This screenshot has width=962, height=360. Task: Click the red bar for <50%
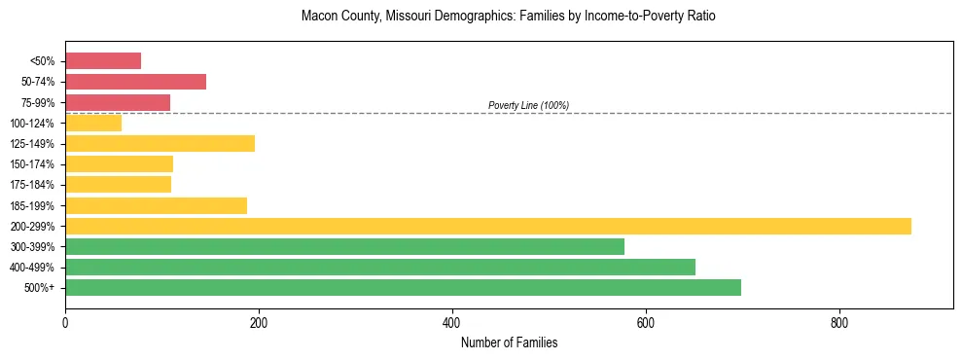[x=103, y=61]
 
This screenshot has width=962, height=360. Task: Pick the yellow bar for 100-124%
[x=93, y=123]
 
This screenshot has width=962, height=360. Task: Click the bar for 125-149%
[x=160, y=144]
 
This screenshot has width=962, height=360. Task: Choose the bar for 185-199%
[x=156, y=205]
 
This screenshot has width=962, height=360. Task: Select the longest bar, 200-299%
[x=487, y=226]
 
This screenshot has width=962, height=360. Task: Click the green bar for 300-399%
[x=344, y=247]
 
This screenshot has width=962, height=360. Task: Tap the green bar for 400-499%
[x=379, y=268]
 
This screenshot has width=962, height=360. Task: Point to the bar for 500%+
[x=403, y=288]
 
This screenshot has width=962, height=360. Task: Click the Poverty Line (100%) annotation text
[x=528, y=105]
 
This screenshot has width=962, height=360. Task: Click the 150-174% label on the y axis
[x=32, y=164]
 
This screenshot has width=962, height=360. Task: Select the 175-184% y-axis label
[x=32, y=185]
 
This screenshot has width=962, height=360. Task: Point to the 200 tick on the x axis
[x=259, y=322]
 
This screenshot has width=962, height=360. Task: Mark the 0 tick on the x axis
[x=65, y=322]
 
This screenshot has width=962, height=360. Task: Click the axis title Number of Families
[x=509, y=342]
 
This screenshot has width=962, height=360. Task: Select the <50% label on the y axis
[x=42, y=61]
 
